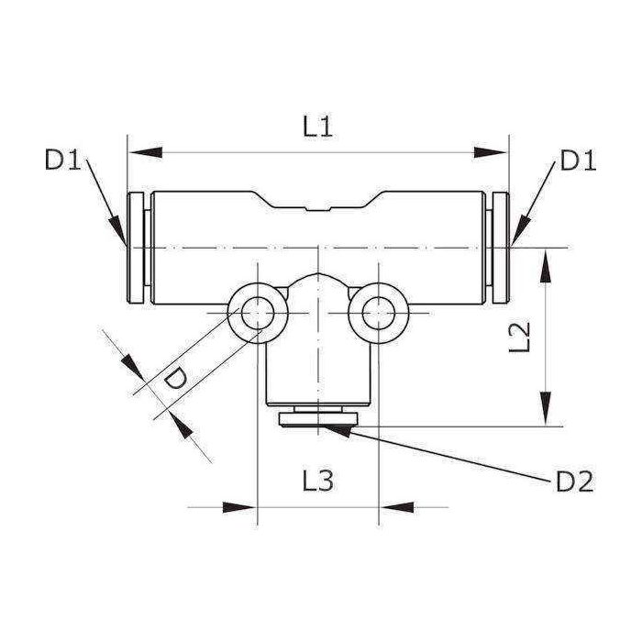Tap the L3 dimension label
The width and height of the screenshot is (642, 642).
[x=317, y=481]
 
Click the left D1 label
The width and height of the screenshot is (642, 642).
[x=64, y=161]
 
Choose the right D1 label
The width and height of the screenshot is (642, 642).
[x=579, y=161]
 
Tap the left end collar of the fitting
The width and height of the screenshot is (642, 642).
[x=136, y=248]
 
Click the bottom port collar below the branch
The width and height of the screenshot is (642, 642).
[x=317, y=420]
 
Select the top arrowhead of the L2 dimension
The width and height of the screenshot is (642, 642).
[x=547, y=260]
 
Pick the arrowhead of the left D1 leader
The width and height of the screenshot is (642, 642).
[x=117, y=232]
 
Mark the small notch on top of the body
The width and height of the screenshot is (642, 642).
[x=317, y=211]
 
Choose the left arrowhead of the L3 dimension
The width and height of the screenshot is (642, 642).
[x=242, y=506]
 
